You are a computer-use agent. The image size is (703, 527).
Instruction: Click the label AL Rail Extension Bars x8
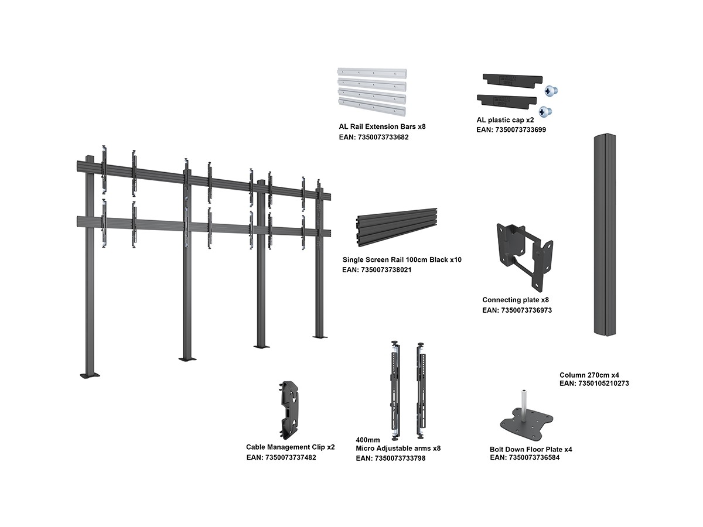[x=381, y=126]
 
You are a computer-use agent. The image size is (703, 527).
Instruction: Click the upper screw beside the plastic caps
[x=551, y=90]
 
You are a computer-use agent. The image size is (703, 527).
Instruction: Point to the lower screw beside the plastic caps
[x=545, y=110]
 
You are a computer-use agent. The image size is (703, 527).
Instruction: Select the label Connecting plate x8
[x=515, y=300]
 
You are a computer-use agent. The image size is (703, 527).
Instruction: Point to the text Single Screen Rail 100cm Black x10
[x=402, y=259]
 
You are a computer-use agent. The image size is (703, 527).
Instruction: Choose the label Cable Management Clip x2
[x=290, y=447]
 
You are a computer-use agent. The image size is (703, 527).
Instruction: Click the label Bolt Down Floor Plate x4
[x=531, y=449]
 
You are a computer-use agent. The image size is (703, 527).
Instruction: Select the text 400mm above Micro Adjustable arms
[x=368, y=440]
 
